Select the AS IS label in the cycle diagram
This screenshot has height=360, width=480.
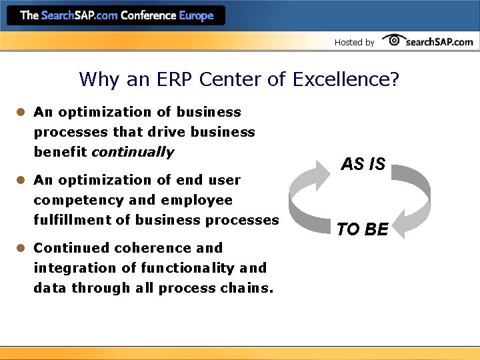363,163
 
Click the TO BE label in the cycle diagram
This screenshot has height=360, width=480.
362,230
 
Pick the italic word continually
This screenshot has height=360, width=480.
132,152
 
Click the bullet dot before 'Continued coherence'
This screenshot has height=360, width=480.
21,248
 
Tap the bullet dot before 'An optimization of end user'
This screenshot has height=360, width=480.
21,180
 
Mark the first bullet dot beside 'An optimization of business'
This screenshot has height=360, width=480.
21,112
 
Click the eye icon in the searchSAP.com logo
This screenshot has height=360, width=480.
394,40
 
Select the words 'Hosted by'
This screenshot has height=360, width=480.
354,42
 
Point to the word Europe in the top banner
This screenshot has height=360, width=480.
196,15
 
